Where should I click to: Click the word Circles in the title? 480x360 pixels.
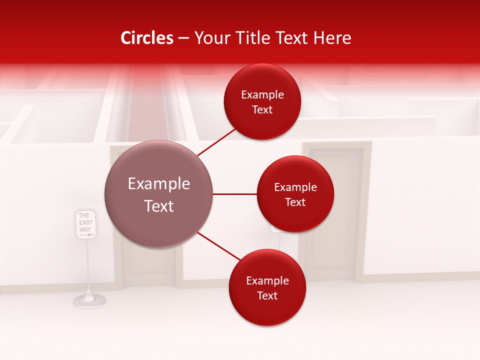point(147,38)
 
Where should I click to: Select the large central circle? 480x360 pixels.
point(158,194)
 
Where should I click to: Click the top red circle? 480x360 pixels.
point(262,101)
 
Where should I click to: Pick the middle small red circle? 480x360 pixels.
point(295,194)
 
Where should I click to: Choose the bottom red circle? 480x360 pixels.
point(267,287)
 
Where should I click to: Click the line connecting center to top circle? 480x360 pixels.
point(217,142)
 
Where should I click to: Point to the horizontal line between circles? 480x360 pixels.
point(234,194)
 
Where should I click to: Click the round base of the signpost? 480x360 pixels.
point(89,300)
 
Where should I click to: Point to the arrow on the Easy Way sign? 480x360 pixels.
point(86,234)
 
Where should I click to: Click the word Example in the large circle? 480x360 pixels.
point(158,184)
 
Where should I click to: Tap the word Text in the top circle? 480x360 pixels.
point(262,110)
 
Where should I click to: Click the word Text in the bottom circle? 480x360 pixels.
point(267,296)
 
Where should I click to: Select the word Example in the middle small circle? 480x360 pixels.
point(295,187)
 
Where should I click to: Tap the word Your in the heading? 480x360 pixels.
point(211,38)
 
